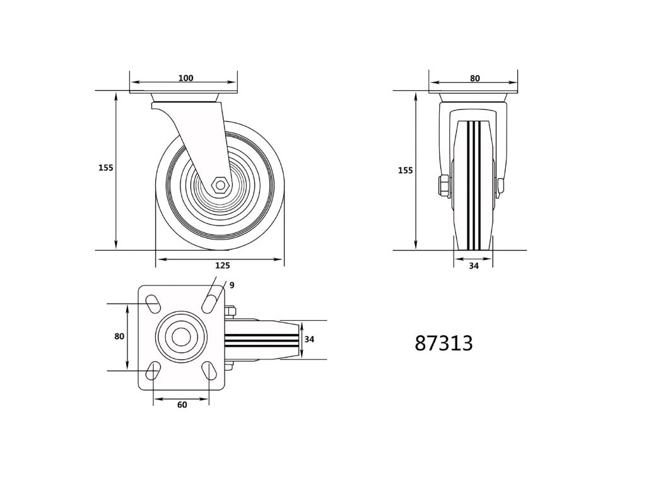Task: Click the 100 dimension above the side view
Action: click(186, 78)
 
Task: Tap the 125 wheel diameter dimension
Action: click(223, 266)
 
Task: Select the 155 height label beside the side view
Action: click(106, 168)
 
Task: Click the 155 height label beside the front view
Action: click(406, 171)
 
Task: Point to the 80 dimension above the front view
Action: click(475, 78)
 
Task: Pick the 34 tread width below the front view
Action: click(474, 266)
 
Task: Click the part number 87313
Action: click(443, 343)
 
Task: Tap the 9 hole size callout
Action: click(232, 285)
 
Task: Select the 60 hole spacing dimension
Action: click(182, 405)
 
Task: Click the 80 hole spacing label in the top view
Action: click(119, 337)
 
